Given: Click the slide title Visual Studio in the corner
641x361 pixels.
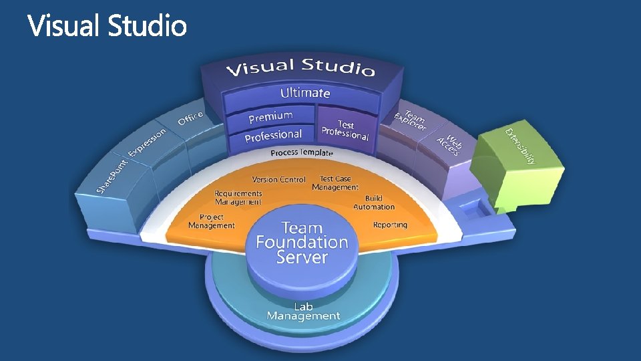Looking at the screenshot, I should [x=107, y=27].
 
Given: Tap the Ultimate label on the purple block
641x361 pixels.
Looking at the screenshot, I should [x=305, y=92].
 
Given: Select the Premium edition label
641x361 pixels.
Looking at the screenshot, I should [x=270, y=117].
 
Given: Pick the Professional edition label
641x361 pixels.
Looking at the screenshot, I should [x=273, y=135].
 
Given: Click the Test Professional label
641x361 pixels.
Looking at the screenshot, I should [x=345, y=130].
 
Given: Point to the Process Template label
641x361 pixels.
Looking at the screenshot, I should [x=301, y=153].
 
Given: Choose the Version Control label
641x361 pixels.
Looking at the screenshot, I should [x=278, y=179].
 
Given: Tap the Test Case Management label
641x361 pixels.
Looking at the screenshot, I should [x=335, y=183].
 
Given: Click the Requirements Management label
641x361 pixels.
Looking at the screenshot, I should [x=238, y=197].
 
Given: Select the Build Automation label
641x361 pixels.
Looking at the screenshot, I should [x=374, y=203].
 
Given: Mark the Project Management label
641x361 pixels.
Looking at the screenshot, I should [x=212, y=221].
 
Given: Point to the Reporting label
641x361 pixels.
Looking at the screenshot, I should [x=390, y=225].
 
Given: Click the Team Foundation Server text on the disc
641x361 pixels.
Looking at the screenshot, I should [x=302, y=243].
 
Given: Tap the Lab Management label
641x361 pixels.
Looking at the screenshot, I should [x=303, y=312].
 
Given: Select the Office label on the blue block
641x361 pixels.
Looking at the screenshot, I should [x=190, y=118].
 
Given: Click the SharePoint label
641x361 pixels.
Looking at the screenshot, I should [x=112, y=174].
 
